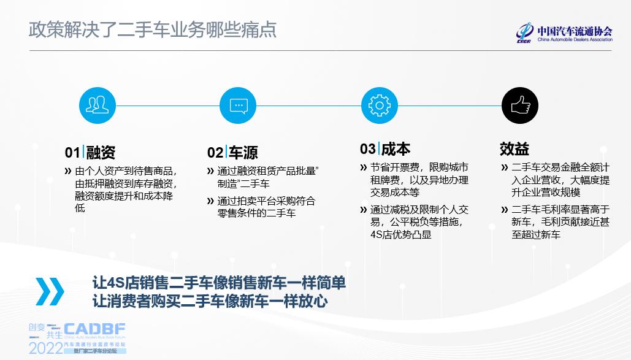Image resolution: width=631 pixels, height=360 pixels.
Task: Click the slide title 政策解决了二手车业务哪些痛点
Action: [153, 29]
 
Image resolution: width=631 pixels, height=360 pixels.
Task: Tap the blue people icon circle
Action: [98, 105]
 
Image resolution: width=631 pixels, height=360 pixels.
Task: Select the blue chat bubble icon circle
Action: [238, 105]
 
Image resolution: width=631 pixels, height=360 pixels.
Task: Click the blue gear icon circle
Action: [379, 105]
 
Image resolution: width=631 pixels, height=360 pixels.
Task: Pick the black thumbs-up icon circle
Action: [520, 105]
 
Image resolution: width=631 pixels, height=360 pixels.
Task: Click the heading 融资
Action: [101, 152]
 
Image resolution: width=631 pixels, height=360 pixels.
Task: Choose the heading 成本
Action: [396, 149]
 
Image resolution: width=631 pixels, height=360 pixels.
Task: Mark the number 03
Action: [367, 150]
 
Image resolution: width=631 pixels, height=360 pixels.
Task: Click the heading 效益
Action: [514, 149]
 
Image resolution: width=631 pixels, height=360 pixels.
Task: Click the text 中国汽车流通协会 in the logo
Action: [574, 31]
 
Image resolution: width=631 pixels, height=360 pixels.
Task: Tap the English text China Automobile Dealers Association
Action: [574, 40]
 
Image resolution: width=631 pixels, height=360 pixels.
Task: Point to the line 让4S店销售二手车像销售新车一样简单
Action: [219, 283]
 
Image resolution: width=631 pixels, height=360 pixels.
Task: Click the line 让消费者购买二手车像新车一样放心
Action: [210, 301]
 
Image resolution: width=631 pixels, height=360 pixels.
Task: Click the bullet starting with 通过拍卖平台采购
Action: [266, 207]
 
